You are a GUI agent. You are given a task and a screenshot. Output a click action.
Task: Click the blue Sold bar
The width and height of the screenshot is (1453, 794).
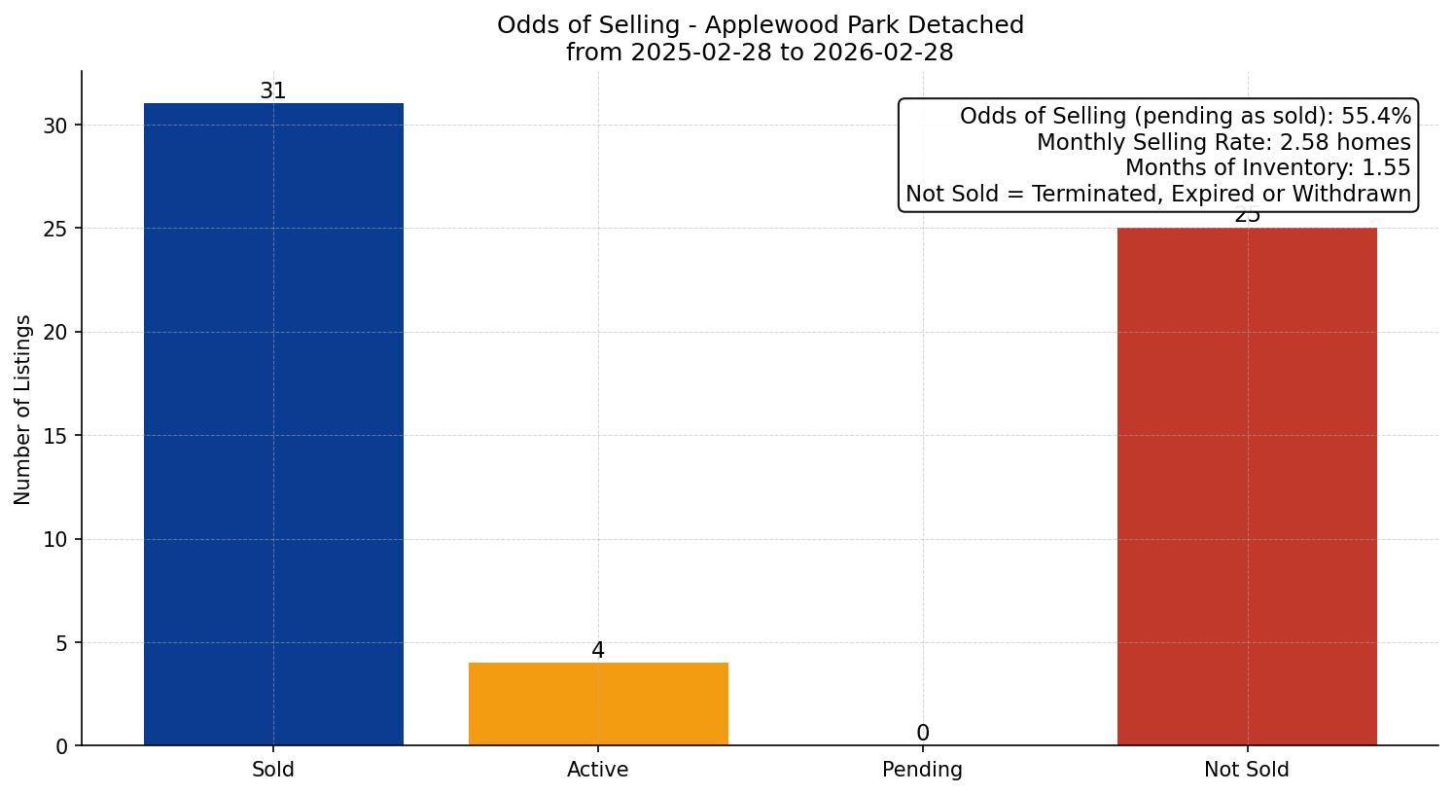pos(273,424)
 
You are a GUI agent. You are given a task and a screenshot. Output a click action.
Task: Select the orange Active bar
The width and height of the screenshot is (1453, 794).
pos(598,704)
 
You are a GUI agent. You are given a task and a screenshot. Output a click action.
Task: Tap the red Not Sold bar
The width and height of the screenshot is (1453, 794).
pos(1247,487)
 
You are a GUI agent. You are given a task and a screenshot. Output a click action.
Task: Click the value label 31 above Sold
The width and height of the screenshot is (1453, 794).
pos(273,91)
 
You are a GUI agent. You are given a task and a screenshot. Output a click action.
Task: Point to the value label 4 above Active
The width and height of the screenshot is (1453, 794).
pos(598,651)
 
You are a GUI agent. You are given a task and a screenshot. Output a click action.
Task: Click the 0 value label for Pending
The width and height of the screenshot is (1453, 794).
pos(923,734)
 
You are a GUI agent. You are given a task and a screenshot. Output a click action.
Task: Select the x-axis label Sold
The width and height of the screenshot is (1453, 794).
pos(273,770)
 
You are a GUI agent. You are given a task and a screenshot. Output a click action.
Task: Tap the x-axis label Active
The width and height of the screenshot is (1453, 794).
pos(598,770)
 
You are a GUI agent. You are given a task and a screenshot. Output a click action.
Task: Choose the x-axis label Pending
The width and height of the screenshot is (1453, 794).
pos(923,770)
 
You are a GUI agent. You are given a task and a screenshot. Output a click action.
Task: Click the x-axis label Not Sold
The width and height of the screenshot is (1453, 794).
pos(1247,770)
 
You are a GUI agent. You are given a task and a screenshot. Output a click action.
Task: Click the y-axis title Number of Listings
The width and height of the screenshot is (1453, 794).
pos(23,410)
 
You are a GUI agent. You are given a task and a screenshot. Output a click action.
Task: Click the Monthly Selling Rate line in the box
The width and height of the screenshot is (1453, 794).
pos(1223,142)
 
